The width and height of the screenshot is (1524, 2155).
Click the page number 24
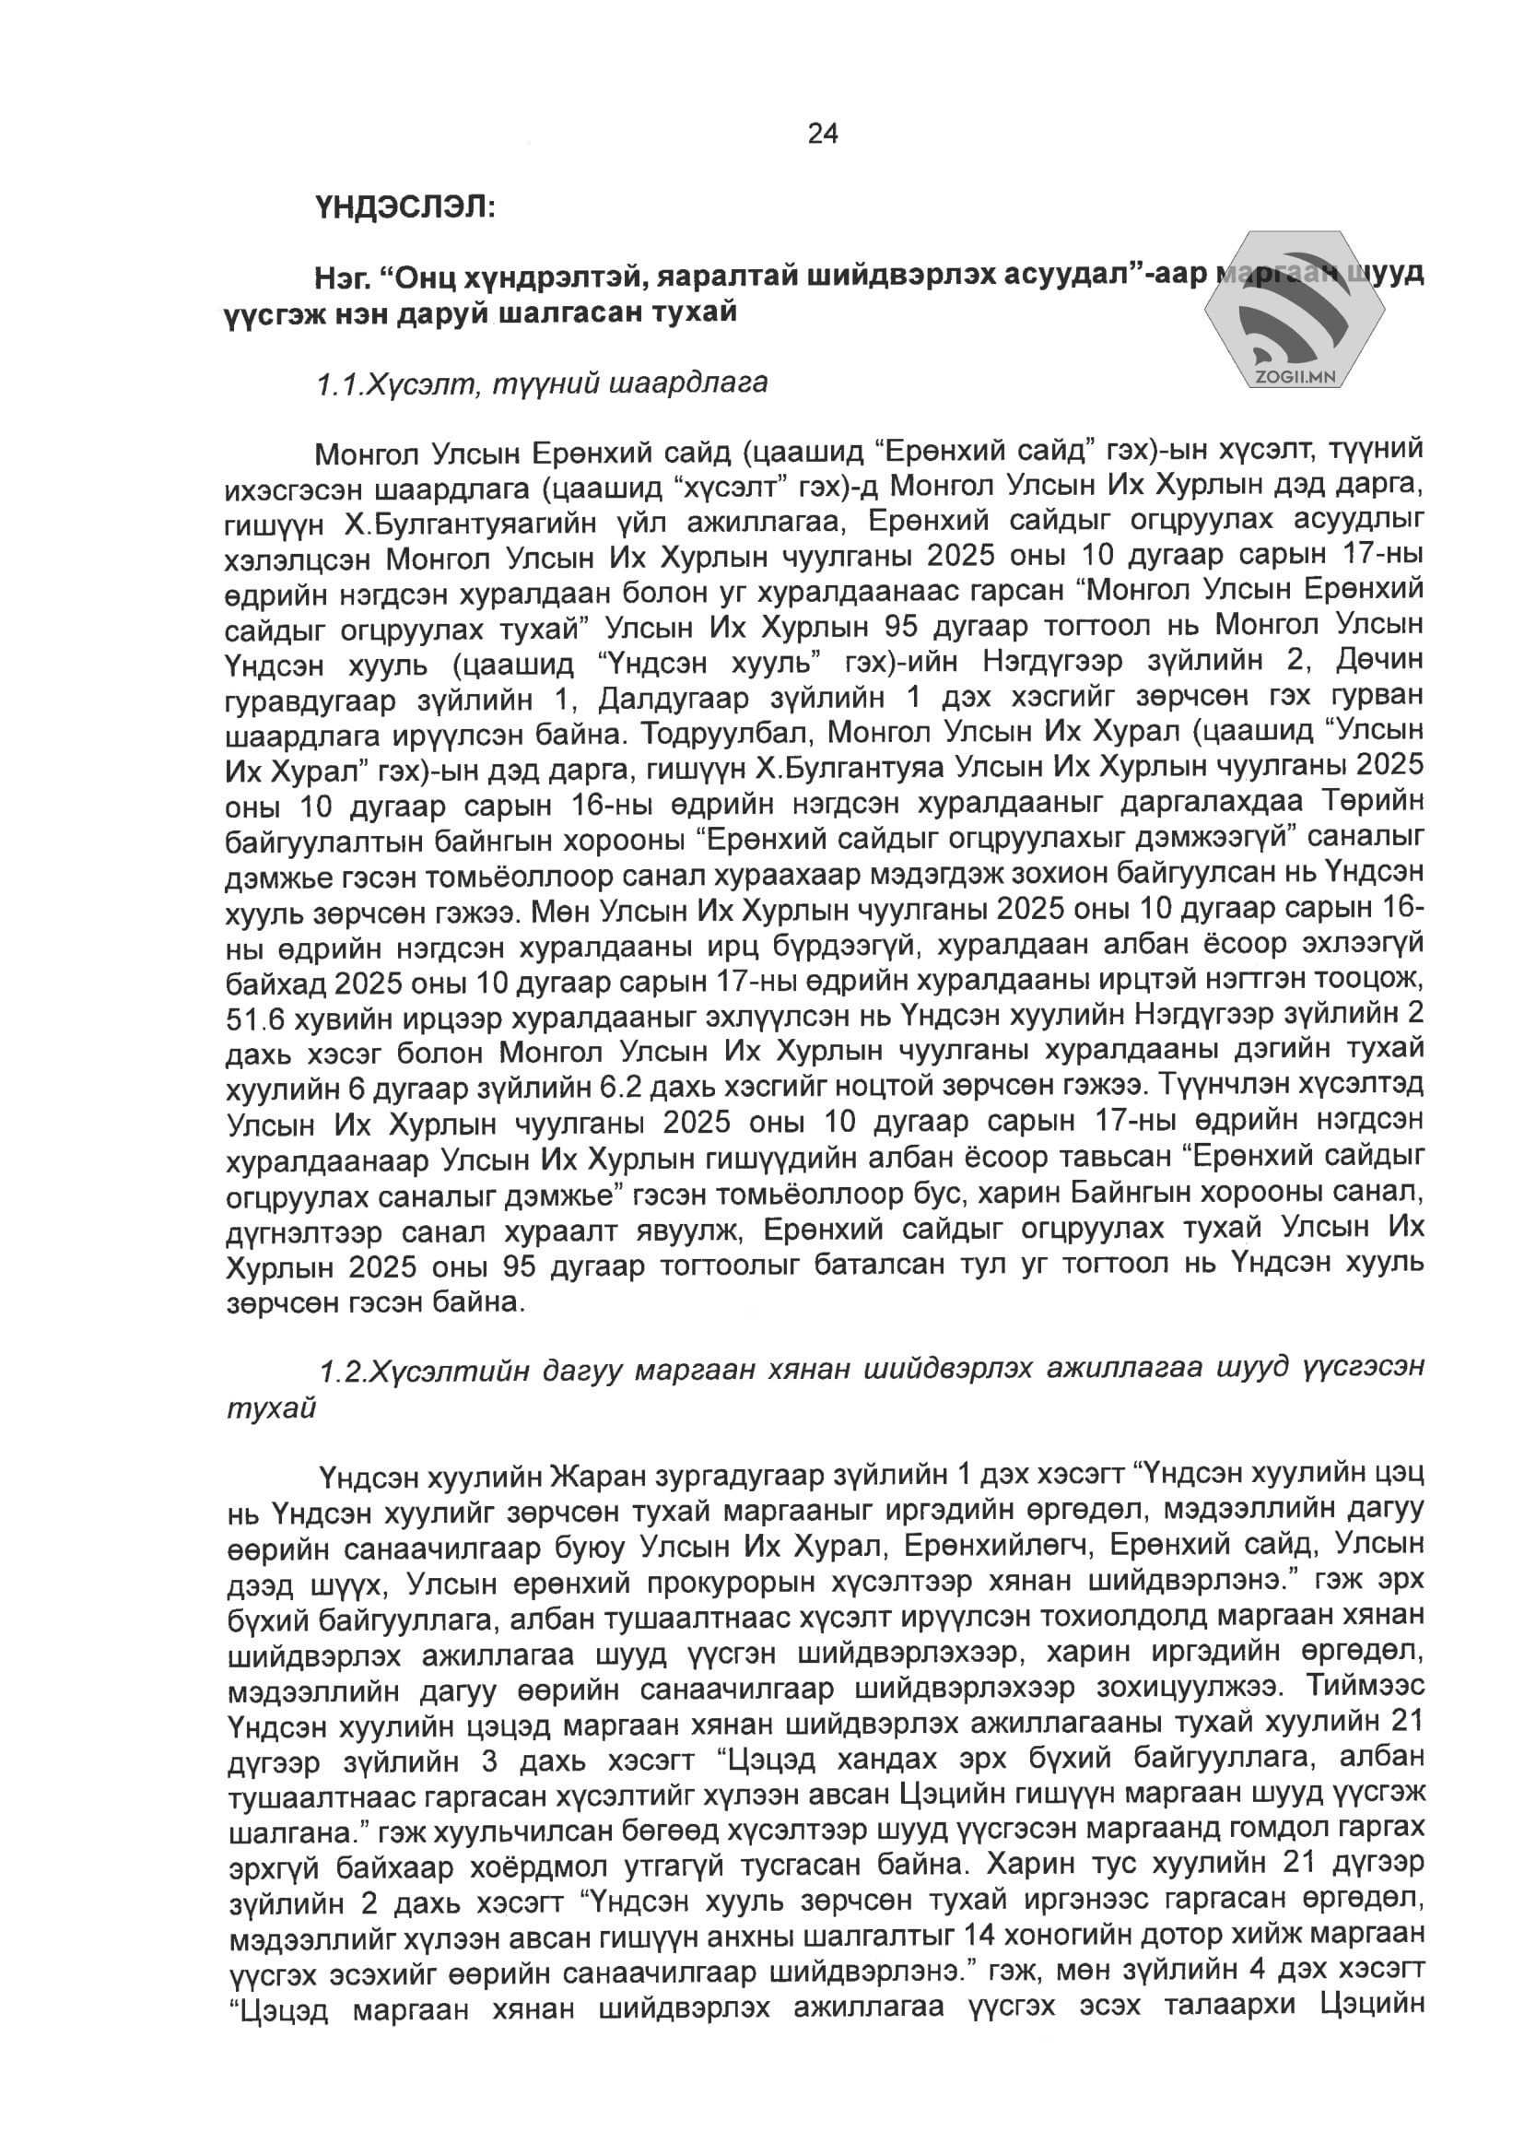click(822, 135)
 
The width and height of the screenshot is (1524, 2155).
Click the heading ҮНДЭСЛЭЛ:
click(404, 206)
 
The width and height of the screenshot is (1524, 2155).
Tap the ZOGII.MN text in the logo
click(1294, 377)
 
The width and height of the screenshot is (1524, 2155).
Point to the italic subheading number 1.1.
click(339, 383)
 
